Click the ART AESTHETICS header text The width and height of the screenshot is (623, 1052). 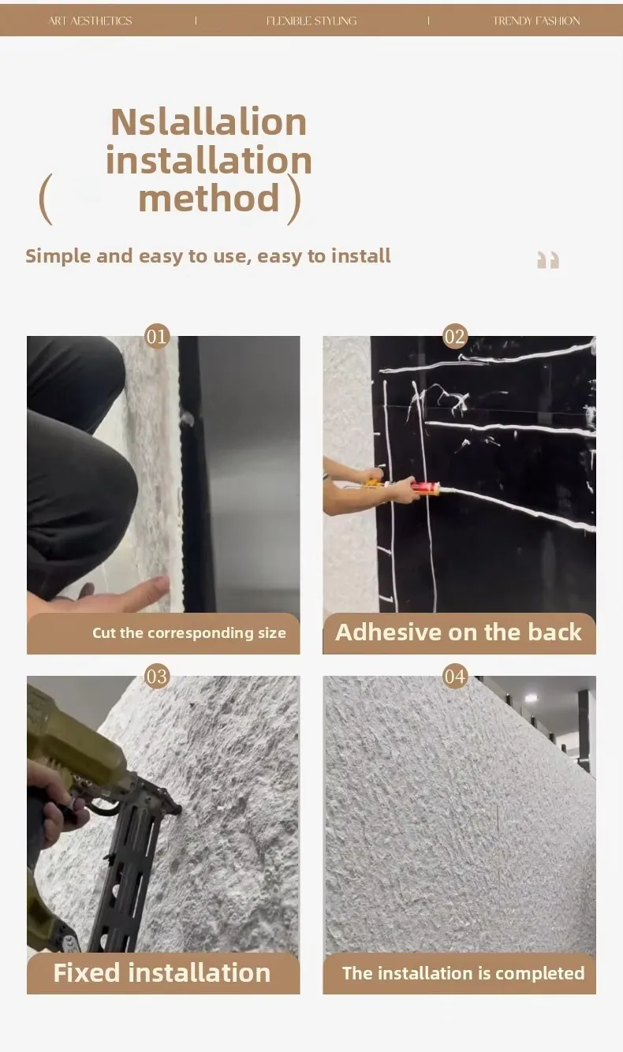click(x=90, y=21)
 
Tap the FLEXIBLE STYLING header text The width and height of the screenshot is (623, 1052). click(x=311, y=21)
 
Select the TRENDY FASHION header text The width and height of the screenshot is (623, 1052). click(x=536, y=21)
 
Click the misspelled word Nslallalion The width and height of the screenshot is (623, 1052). click(x=208, y=122)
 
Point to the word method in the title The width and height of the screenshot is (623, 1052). click(x=209, y=198)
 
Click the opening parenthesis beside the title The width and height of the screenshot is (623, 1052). click(x=45, y=199)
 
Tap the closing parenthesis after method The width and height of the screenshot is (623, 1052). click(x=294, y=199)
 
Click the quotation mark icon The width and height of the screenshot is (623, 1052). click(x=548, y=259)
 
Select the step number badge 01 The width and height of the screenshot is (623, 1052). click(x=157, y=336)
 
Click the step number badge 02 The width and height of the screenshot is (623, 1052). click(x=454, y=336)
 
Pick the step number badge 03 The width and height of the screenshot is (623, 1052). click(x=157, y=677)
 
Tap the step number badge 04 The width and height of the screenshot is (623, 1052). click(x=454, y=677)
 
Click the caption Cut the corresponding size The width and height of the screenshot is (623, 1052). click(x=188, y=633)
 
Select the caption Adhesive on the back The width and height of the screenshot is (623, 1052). click(x=459, y=632)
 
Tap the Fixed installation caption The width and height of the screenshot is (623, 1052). click(x=162, y=972)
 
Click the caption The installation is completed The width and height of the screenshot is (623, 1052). click(x=464, y=973)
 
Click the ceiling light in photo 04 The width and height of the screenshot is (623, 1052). click(x=531, y=699)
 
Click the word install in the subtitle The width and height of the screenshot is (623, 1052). click(x=361, y=256)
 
